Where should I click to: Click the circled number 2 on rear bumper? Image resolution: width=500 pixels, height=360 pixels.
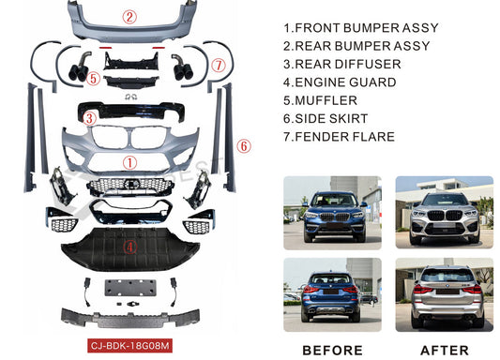[x=130, y=16]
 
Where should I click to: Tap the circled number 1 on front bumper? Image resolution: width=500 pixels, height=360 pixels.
[x=131, y=161]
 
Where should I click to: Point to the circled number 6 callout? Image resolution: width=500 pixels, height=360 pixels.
[x=243, y=146]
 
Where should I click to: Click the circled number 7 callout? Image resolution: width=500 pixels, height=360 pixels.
[x=218, y=65]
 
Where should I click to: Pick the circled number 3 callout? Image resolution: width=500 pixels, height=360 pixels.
[x=89, y=118]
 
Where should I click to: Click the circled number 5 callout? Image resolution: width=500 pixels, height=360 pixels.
[x=93, y=78]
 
